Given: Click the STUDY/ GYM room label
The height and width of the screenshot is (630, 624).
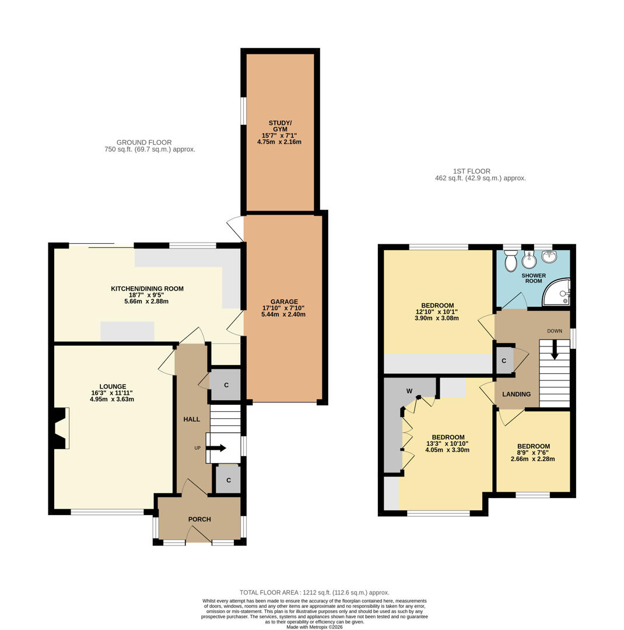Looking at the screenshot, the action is click(x=280, y=126).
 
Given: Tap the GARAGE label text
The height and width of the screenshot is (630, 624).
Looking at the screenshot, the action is click(x=284, y=302).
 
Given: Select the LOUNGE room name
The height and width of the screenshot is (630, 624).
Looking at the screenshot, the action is click(x=113, y=387).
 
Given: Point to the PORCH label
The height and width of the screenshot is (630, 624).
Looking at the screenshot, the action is click(x=199, y=519).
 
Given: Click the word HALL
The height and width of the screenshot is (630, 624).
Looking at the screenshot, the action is click(x=192, y=419).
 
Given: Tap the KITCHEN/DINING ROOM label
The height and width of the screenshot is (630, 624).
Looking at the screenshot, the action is click(x=147, y=289).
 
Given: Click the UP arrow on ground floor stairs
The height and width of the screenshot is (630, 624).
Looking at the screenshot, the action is click(x=217, y=448).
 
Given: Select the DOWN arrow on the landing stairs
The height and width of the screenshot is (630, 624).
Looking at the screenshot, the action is click(x=555, y=350).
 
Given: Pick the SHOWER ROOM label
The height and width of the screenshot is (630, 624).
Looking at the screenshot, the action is click(x=534, y=278).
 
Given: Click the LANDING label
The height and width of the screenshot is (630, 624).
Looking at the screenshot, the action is click(x=516, y=394).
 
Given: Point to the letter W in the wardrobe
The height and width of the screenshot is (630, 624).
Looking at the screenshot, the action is click(x=409, y=391).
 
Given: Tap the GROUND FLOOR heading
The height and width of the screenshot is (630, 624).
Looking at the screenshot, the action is click(x=144, y=142).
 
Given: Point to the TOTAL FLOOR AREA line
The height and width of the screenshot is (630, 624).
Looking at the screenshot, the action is click(x=314, y=592).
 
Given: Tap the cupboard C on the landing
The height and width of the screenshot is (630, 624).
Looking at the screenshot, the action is click(x=504, y=360).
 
